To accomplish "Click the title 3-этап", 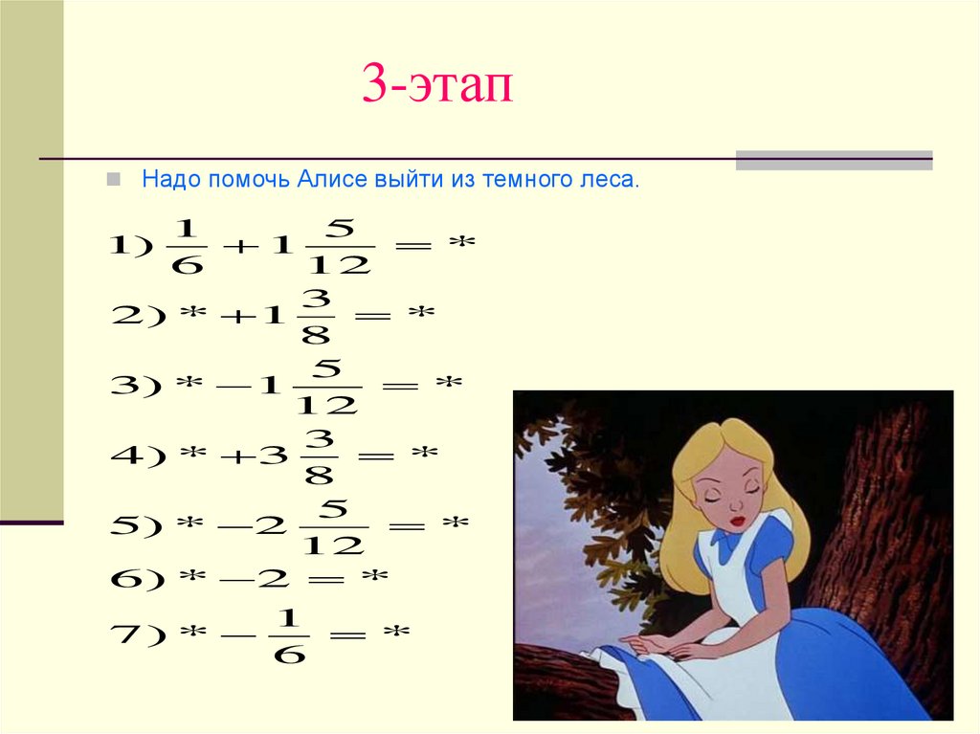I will pyautogui.click(x=437, y=85).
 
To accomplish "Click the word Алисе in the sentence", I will pyautogui.click(x=329, y=180).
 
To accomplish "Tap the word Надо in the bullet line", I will pyautogui.click(x=167, y=180).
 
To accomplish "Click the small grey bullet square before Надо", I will pyautogui.click(x=114, y=179).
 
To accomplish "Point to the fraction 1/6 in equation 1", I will pyautogui.click(x=186, y=246).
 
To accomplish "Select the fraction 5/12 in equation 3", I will pyautogui.click(x=326, y=386).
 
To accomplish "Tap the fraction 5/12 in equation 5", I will pyautogui.click(x=332, y=527).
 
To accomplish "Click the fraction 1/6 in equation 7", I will pyautogui.click(x=287, y=634).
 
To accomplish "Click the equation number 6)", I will pyautogui.click(x=138, y=579).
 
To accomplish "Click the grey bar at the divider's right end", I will pyautogui.click(x=834, y=160).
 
